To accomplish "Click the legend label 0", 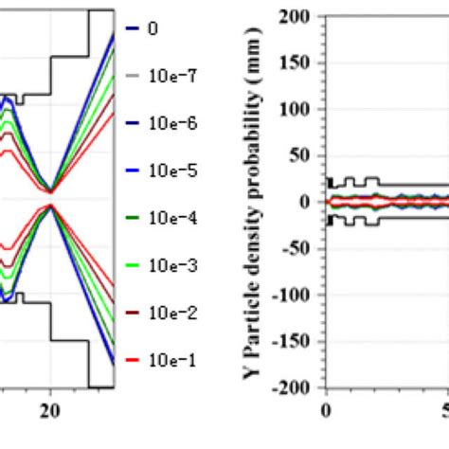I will click(153, 28).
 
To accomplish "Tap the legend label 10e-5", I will click(168, 171).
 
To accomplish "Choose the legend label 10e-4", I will click(168, 219).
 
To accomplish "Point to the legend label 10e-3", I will click(168, 266).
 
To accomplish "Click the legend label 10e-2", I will click(168, 313).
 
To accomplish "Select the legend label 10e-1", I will click(168, 360).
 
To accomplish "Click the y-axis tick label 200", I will click(299, 16).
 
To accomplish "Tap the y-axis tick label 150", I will click(299, 63).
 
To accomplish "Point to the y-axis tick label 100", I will click(299, 109).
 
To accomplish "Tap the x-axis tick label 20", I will click(51, 409).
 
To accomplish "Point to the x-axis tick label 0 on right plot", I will click(327, 409).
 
